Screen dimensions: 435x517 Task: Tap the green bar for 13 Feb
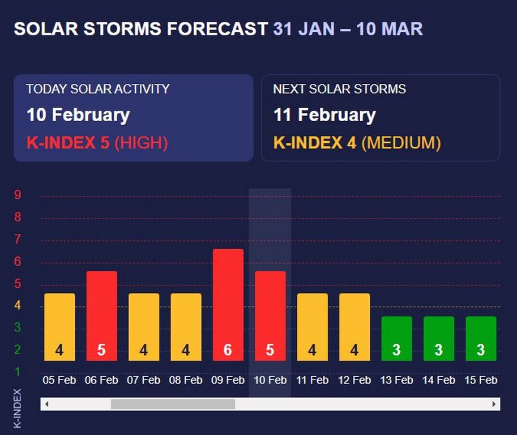[x=396, y=338]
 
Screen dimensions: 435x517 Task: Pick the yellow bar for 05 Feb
[x=59, y=327]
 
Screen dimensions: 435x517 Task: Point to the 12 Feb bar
[x=354, y=327]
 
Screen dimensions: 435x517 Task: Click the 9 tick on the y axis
[x=18, y=195]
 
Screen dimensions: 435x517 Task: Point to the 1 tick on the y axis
[x=18, y=372]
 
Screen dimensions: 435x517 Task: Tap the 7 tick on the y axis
[x=18, y=240]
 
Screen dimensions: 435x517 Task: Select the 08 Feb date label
[x=186, y=380]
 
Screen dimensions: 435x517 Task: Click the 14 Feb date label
[x=438, y=380]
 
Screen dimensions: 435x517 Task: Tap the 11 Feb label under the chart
[x=312, y=380]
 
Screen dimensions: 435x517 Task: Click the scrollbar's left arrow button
[x=46, y=404]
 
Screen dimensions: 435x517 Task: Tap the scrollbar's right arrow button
[x=494, y=404]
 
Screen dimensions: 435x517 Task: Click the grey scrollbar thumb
[x=173, y=404]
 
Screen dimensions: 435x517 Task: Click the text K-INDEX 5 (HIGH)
[x=97, y=143]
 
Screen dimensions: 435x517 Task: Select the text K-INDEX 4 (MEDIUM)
[x=357, y=143]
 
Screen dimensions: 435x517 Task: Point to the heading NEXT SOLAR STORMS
[x=339, y=89]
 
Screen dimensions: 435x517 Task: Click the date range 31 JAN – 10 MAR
[x=348, y=29]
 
